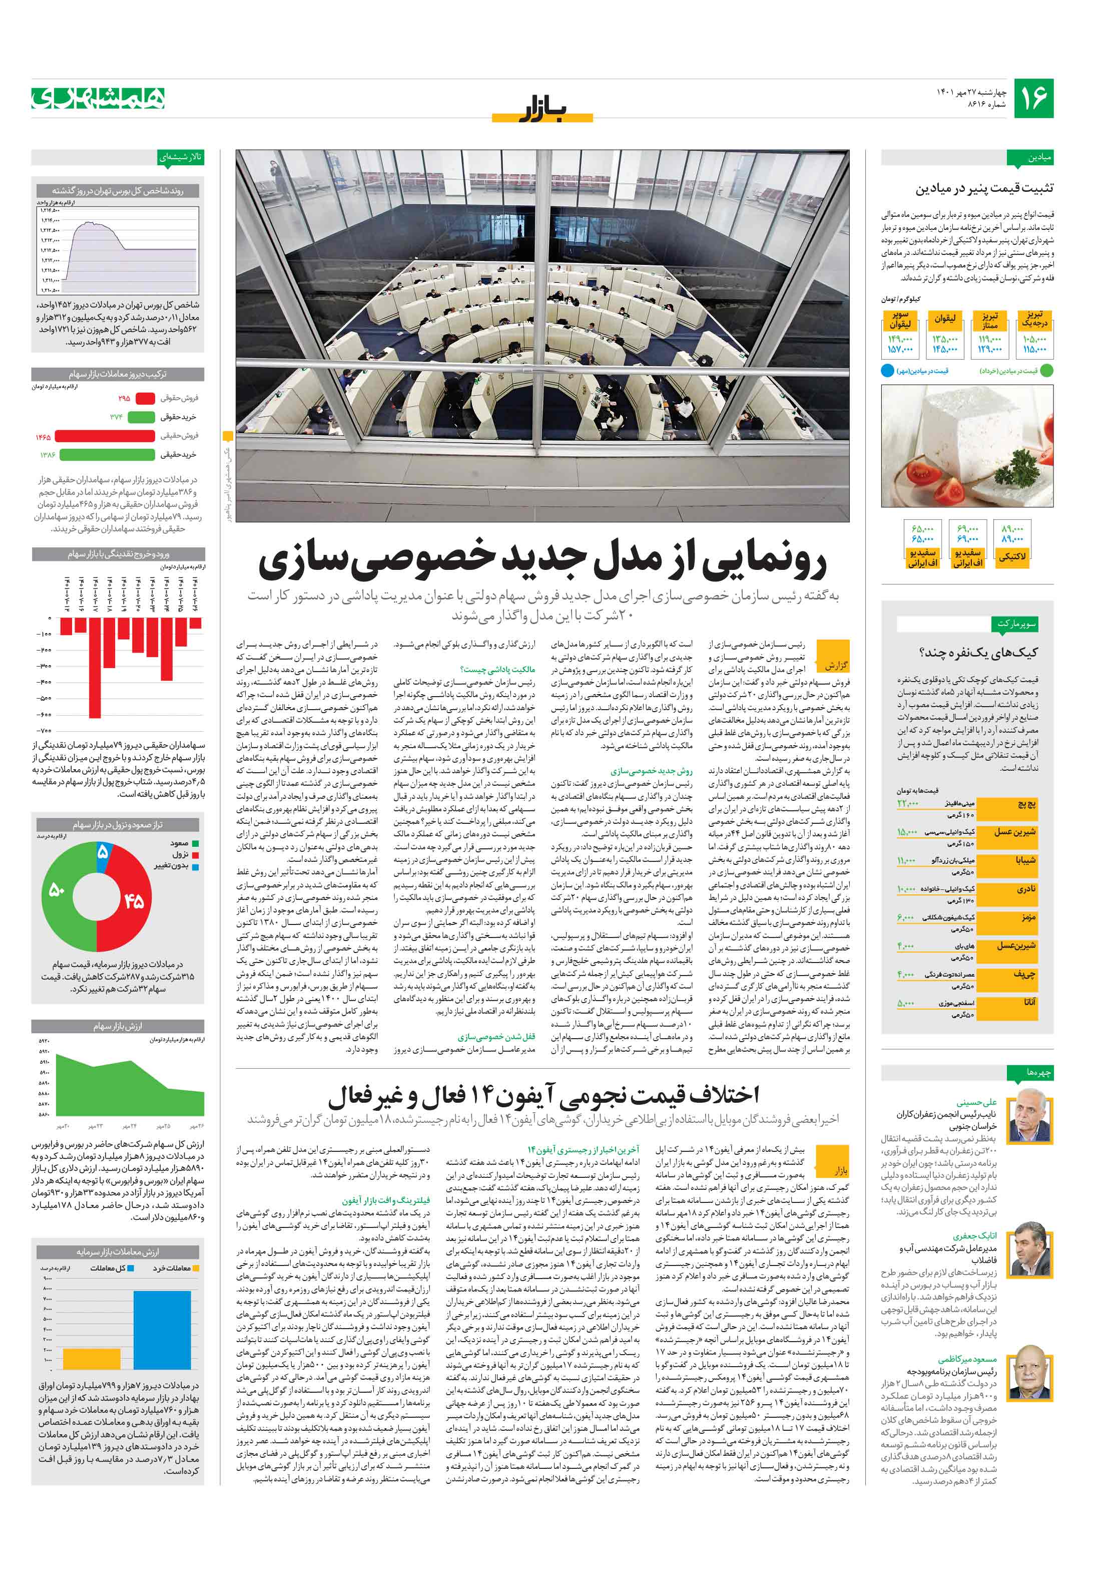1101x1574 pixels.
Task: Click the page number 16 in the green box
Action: pos(1033,98)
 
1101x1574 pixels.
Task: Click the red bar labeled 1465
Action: pos(104,436)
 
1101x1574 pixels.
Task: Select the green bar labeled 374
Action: pos(141,417)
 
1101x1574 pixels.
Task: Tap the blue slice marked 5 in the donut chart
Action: pos(102,853)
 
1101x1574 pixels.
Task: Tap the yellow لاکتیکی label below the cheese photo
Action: pos(1012,557)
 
